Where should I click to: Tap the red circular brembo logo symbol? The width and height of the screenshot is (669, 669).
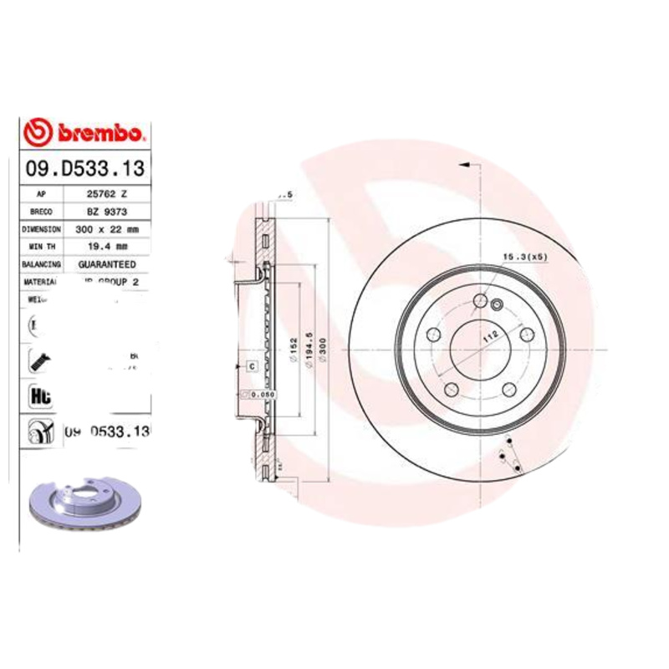point(40,133)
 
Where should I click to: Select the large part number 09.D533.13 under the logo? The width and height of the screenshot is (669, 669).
point(84,169)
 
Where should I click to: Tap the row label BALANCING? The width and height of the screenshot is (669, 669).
point(41,263)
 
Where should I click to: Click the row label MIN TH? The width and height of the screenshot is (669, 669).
point(41,246)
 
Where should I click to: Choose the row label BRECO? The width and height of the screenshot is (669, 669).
point(41,211)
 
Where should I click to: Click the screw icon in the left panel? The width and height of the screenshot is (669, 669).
point(38,360)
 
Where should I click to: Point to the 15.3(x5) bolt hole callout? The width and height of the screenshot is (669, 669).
point(524,257)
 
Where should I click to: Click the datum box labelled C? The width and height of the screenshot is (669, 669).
point(250,365)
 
